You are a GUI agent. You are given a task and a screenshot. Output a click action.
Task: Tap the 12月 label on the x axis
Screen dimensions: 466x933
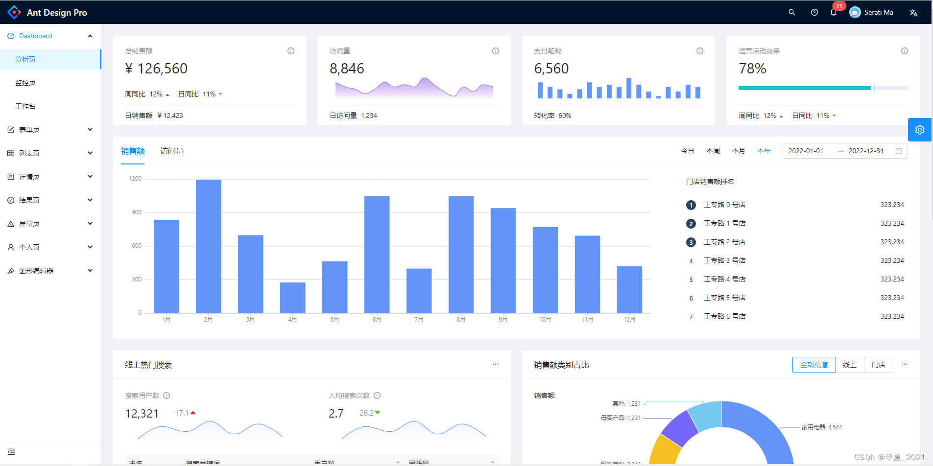coord(629,320)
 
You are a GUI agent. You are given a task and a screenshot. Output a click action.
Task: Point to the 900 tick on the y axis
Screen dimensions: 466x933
coord(137,212)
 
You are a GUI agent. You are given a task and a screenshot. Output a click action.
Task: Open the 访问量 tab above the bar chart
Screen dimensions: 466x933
coord(172,151)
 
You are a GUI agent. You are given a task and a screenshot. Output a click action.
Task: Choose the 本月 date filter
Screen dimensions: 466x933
coord(738,151)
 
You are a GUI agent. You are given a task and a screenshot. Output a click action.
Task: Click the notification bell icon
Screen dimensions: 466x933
coord(834,12)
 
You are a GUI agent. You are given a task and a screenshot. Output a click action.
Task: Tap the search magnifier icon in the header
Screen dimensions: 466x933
coord(791,12)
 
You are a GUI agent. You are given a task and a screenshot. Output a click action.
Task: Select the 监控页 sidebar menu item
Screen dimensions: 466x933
coord(25,83)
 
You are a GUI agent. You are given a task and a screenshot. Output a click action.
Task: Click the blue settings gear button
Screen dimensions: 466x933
coord(920,130)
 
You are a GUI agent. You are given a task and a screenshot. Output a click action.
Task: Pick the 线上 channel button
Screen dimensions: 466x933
coord(850,365)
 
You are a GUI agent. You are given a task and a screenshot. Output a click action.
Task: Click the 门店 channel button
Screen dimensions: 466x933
coord(879,365)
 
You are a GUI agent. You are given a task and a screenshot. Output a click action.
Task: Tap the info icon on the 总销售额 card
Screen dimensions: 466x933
coord(291,51)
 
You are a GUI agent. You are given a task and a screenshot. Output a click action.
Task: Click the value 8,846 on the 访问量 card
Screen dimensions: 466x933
coord(347,69)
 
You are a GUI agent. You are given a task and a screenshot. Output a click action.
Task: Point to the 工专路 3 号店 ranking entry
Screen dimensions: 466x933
coord(724,260)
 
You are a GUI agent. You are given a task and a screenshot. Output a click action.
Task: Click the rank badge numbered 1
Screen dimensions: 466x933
coord(691,205)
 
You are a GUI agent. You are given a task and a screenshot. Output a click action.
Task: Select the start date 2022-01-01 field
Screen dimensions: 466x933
coord(806,151)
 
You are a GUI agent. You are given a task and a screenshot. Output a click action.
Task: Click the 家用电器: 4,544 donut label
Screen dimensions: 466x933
coord(821,427)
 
